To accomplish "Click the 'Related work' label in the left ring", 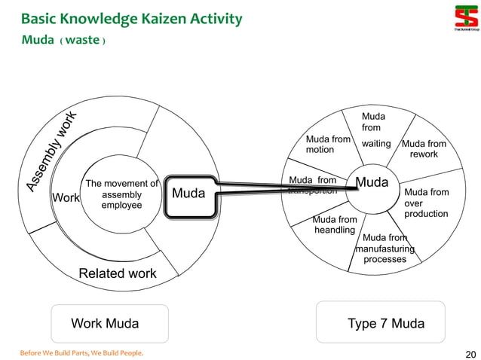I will click(x=118, y=273).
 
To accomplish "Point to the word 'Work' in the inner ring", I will click(x=66, y=198).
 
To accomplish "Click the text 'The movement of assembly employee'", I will click(x=121, y=194).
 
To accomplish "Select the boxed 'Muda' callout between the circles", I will click(x=188, y=194).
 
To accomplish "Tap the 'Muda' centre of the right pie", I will click(x=372, y=183).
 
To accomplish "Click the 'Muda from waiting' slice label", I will click(x=375, y=130).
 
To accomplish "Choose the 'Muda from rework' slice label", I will click(x=424, y=149).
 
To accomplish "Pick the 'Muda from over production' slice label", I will click(x=426, y=203).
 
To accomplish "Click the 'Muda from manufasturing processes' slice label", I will click(x=384, y=249).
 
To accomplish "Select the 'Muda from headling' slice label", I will click(x=334, y=224).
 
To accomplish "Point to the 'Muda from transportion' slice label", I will click(x=313, y=185).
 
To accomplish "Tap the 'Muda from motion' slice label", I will click(x=327, y=145).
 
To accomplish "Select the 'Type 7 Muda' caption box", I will click(x=385, y=323).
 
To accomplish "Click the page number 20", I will click(x=470, y=354).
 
